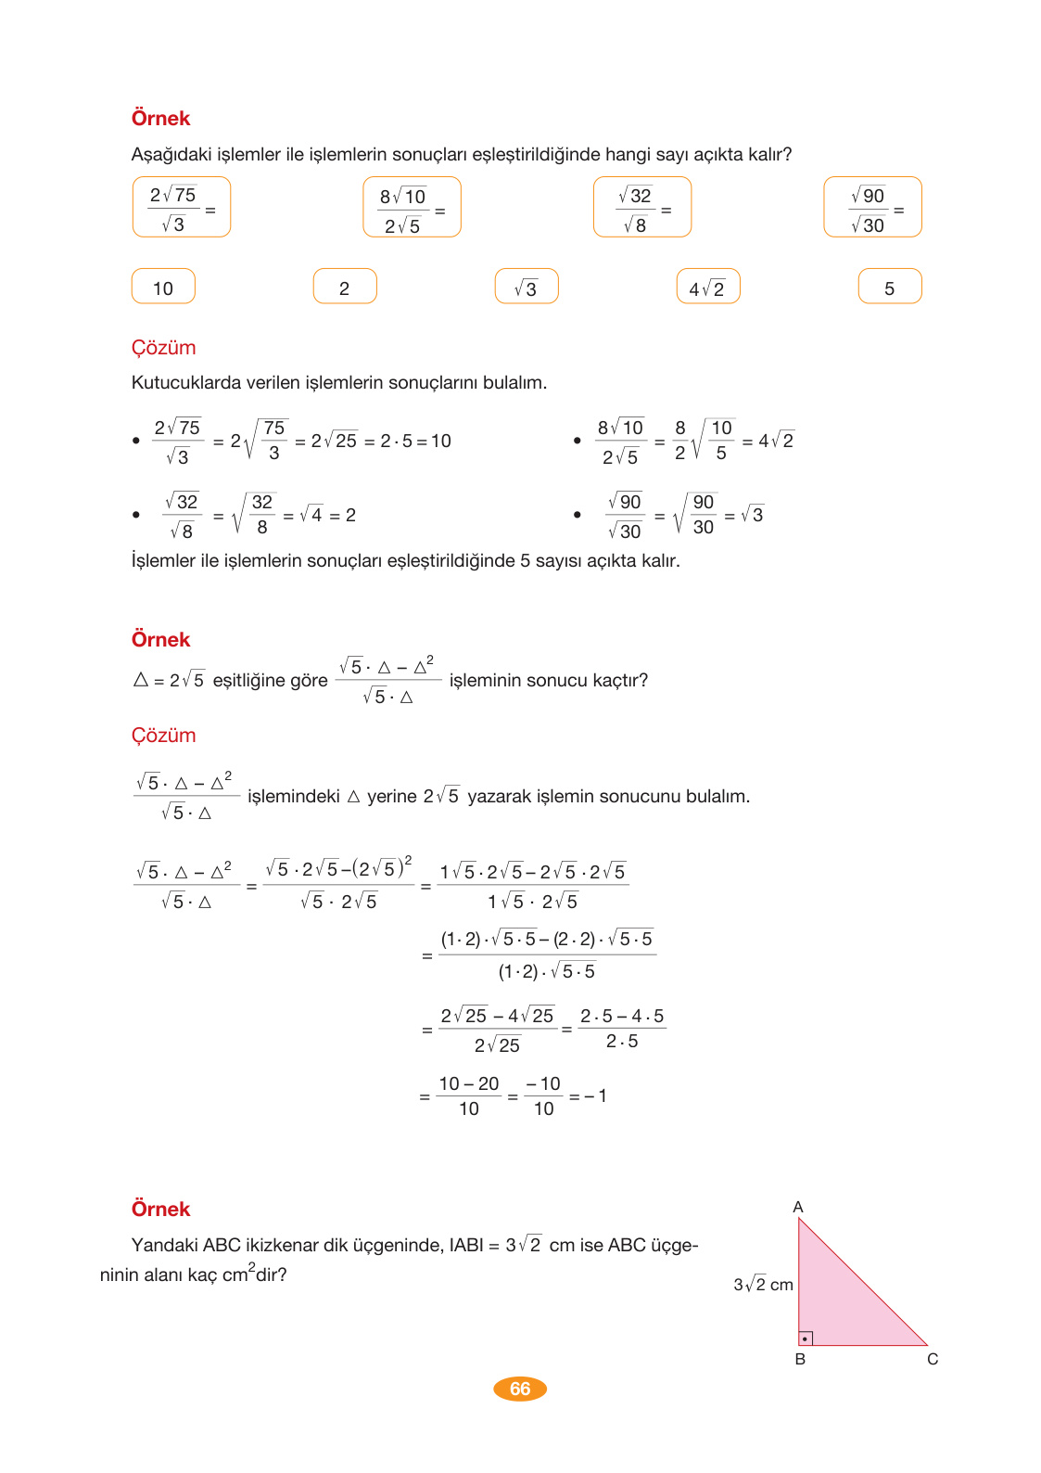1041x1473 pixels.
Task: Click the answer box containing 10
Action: click(163, 287)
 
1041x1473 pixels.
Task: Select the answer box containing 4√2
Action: click(708, 287)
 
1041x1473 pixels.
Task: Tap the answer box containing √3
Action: click(527, 287)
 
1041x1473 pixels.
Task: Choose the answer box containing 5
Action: click(890, 287)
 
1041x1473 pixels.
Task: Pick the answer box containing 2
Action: click(345, 287)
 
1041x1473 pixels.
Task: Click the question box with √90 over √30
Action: click(872, 207)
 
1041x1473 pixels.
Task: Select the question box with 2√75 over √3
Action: click(181, 207)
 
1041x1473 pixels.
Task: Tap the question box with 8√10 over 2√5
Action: click(412, 207)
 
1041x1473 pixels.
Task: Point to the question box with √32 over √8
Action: click(641, 207)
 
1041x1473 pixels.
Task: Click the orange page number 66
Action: click(520, 1389)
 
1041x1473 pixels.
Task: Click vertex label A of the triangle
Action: click(798, 1207)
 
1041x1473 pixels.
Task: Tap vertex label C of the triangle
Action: click(933, 1359)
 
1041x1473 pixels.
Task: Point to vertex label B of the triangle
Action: click(800, 1359)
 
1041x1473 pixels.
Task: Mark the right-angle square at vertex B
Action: click(806, 1339)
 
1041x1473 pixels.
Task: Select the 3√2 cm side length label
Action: click(763, 1285)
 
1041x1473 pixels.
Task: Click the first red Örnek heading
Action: click(160, 119)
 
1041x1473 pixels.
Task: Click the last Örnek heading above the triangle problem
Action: click(160, 1210)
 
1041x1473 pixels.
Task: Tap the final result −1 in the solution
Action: click(596, 1096)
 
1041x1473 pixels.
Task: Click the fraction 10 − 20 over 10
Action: click(469, 1096)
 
